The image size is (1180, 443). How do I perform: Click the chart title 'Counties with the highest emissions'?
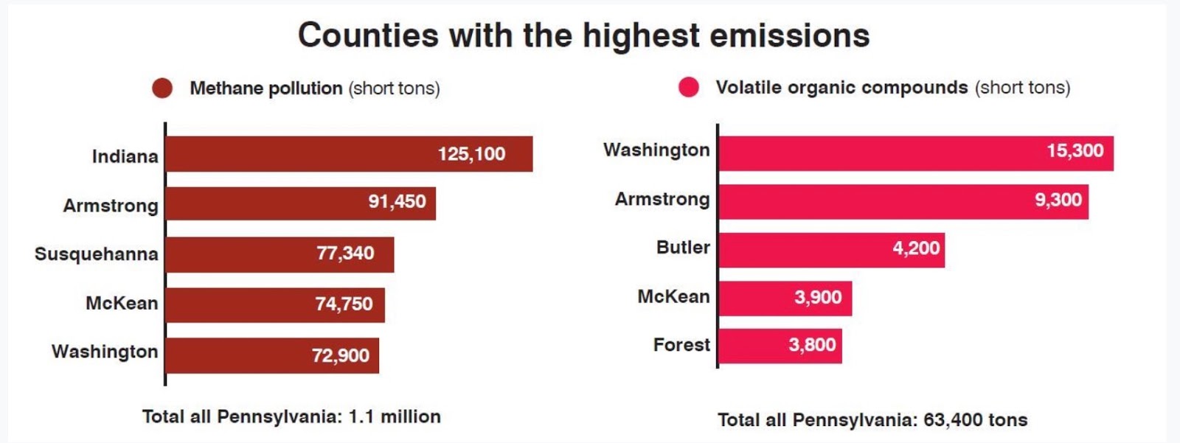point(583,35)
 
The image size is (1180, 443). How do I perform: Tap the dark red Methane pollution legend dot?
point(162,88)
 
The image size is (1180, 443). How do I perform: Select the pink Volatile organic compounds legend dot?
point(689,88)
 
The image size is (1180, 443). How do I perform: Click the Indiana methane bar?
point(349,154)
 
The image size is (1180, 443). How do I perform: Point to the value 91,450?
point(397,201)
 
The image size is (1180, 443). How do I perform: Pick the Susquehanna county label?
point(96,254)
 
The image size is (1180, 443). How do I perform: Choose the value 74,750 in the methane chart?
point(344,304)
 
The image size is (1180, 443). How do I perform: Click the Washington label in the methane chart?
point(105,352)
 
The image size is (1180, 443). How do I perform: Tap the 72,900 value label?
point(340,355)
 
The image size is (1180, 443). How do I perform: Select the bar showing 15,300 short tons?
point(915,153)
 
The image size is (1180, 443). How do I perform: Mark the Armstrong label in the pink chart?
point(662,199)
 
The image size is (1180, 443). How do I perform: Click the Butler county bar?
point(831,250)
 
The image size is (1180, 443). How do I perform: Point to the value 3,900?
point(818,297)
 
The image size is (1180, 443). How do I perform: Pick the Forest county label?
point(681,345)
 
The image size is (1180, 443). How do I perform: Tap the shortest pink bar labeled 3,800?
point(780,346)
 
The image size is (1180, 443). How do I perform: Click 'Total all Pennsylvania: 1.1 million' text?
point(291,416)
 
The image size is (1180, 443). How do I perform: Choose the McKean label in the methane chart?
point(122,303)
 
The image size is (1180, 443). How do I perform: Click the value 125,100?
point(471,154)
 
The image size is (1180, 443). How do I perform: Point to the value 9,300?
point(1058,200)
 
